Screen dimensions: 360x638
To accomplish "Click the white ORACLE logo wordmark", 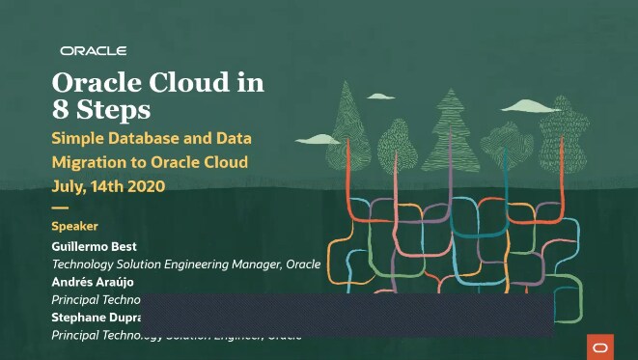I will click(x=93, y=50).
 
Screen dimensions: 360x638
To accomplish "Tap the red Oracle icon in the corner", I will click(x=599, y=346).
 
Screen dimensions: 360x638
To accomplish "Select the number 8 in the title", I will click(x=60, y=108).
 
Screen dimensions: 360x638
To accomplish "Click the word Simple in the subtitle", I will click(x=77, y=137).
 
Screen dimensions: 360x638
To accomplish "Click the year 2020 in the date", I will click(x=145, y=186).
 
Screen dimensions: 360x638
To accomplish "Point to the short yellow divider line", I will click(x=60, y=208).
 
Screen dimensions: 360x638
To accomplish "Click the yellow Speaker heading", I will click(x=74, y=226).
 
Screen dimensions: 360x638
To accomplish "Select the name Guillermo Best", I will click(x=94, y=247).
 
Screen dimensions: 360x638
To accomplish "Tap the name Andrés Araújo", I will click(x=93, y=282).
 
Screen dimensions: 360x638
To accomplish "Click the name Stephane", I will click(x=82, y=317).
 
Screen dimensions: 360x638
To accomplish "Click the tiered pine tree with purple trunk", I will click(x=450, y=121).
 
